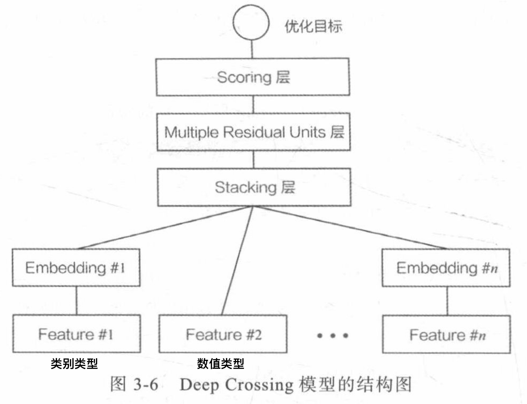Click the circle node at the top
pos(251,23)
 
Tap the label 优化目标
pos(313,26)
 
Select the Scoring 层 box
pos(253,77)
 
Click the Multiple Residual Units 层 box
pos(253,132)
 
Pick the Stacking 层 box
pos(254,187)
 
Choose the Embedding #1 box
pos(76,267)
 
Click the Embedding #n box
pos(446,268)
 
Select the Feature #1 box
pos(76,334)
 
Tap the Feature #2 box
pos(223,334)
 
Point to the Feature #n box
pos(446,335)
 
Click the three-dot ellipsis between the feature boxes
pos(333,335)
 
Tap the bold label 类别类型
pos(74,364)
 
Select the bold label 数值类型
pos(220,364)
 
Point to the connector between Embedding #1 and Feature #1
pos(76,301)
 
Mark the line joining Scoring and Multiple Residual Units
pos(253,104)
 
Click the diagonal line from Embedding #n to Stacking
pos(350,228)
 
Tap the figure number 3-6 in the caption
pos(145,385)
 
